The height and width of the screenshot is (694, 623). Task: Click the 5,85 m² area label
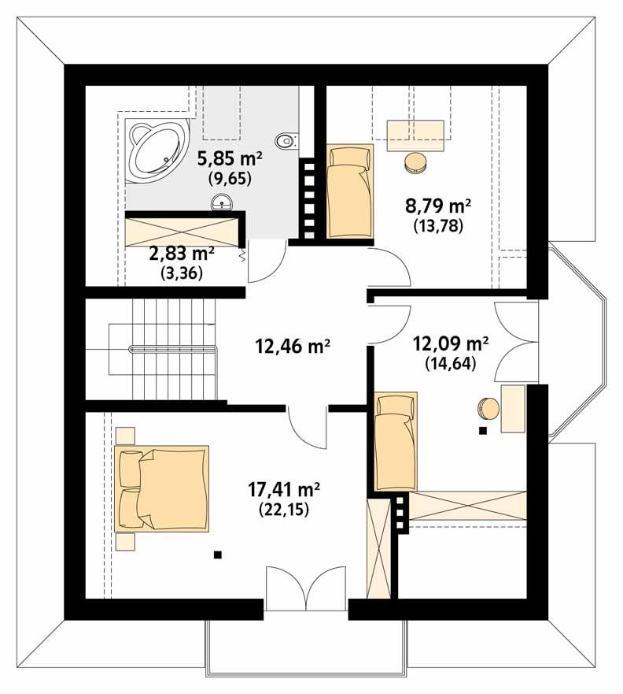tap(230, 158)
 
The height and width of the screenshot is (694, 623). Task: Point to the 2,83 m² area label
tap(182, 254)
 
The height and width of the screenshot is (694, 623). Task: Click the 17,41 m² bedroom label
tap(284, 489)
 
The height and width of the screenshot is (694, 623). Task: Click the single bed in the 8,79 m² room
tap(348, 191)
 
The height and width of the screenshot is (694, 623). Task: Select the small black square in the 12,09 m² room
tap(482, 431)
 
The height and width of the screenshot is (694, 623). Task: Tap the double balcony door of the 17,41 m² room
tap(305, 587)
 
